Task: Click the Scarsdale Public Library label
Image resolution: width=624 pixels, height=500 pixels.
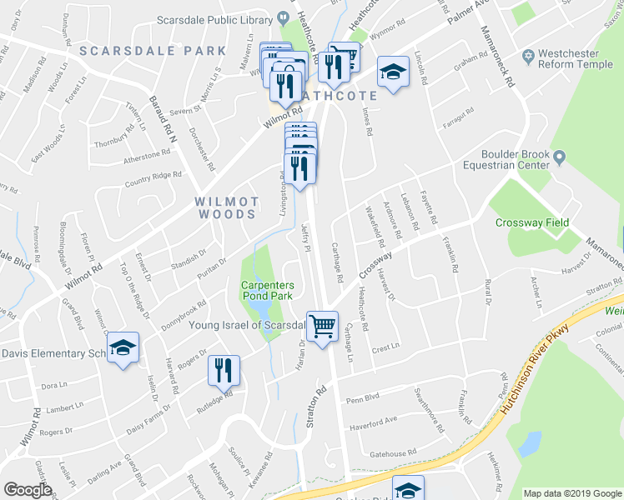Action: [214, 19]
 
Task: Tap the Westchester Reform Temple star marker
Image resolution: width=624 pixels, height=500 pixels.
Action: [526, 57]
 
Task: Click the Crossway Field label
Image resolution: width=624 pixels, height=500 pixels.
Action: [531, 222]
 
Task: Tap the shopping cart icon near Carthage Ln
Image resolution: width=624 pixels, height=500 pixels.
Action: [322, 326]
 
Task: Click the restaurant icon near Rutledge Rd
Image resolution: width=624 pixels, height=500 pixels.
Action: [223, 370]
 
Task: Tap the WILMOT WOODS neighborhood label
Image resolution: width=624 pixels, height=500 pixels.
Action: [226, 207]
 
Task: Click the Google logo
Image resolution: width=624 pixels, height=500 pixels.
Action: [28, 489]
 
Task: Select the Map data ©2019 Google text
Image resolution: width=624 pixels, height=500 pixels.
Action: [571, 493]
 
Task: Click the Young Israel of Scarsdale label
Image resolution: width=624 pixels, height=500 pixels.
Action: [246, 325]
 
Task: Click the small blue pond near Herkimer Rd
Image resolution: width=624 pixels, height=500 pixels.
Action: [530, 442]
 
